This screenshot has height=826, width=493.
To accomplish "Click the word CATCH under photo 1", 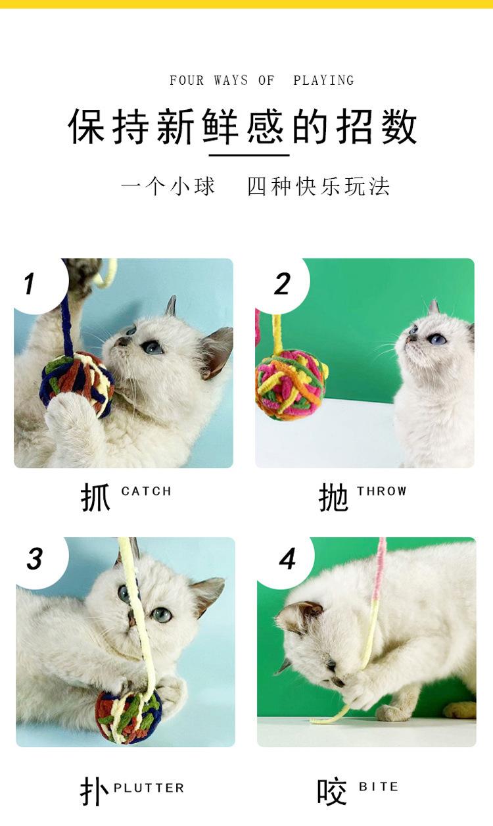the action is coord(147,491).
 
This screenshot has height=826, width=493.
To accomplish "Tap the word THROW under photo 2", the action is coord(381,491).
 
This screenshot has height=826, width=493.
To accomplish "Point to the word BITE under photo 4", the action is coord(379,787).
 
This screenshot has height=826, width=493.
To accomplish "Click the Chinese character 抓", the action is coord(95,497).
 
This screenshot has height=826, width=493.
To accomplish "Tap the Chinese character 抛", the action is coord(333,497).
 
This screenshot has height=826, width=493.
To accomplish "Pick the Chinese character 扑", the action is coord(94,791).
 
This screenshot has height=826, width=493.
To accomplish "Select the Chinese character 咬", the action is coord(332,791).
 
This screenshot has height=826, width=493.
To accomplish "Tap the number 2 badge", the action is coord(282,285).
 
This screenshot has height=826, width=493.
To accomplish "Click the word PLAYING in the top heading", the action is coord(323,80).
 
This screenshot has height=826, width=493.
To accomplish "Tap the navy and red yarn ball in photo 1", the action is coord(77,384).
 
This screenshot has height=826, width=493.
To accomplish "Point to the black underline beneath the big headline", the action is coord(248,155).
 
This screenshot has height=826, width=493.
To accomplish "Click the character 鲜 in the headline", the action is coord(220,126).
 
